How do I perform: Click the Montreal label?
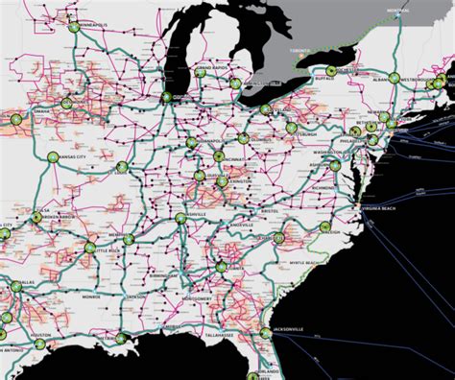pos(397,11)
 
